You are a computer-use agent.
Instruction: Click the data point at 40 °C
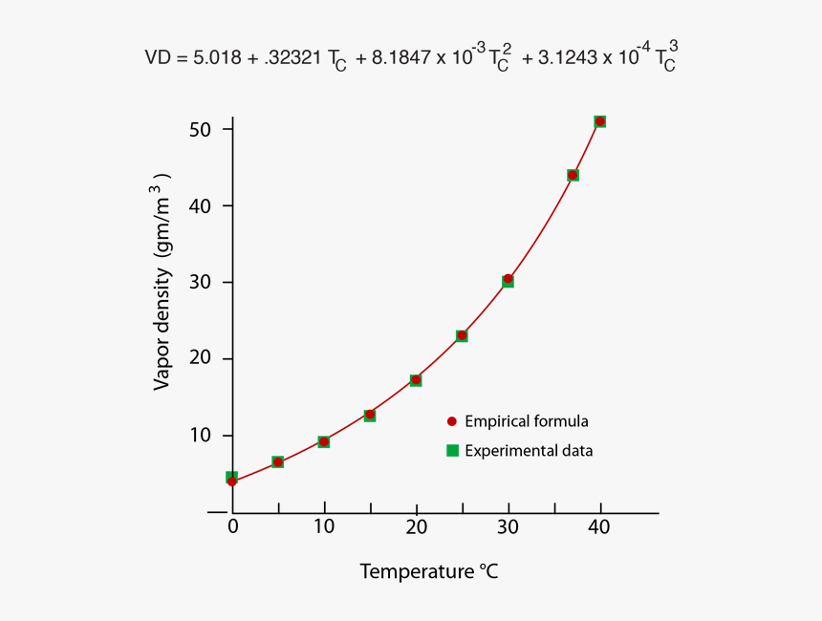tap(600, 121)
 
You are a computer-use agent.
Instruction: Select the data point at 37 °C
tap(573, 175)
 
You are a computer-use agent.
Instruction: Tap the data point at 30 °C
tap(508, 280)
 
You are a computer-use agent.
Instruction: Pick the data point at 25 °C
tap(462, 335)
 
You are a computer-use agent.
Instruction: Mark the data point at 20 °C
tap(416, 380)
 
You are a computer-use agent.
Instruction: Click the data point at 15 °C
tap(370, 415)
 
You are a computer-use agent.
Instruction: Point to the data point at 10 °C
tap(324, 441)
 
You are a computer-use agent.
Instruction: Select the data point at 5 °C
tap(278, 462)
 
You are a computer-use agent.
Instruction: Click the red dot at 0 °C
tap(232, 482)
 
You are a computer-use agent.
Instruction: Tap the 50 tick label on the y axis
tap(199, 129)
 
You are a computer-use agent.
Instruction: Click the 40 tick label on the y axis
tap(199, 205)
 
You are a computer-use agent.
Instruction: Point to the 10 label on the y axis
tap(199, 436)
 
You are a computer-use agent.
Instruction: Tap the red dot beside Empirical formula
tap(452, 421)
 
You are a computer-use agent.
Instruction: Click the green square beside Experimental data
tap(452, 450)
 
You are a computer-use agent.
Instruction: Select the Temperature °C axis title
tap(429, 572)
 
